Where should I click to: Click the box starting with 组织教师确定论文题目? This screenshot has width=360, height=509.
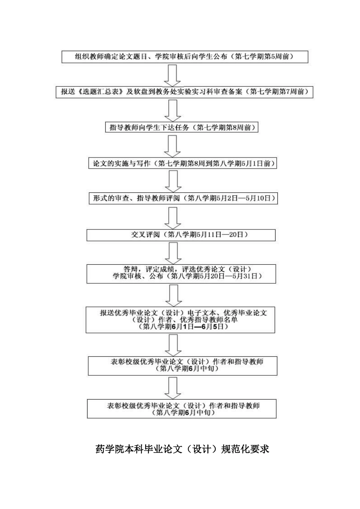185,57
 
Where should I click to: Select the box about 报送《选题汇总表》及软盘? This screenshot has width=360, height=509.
185,92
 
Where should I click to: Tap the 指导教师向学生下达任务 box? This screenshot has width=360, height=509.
182,128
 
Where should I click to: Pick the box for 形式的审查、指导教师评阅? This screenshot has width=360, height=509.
183,198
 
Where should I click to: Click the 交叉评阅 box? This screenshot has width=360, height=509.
181,235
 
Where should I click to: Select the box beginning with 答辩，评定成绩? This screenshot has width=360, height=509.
181,273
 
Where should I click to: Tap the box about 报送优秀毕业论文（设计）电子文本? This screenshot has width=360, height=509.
180,320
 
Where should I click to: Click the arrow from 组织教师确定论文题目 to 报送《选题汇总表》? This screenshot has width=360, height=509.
172,75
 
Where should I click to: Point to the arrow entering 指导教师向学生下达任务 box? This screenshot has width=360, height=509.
172,110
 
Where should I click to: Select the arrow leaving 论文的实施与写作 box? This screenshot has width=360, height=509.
173,181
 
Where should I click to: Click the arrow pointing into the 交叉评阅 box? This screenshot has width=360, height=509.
173,217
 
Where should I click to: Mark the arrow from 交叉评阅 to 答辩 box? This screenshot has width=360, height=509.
173,253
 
